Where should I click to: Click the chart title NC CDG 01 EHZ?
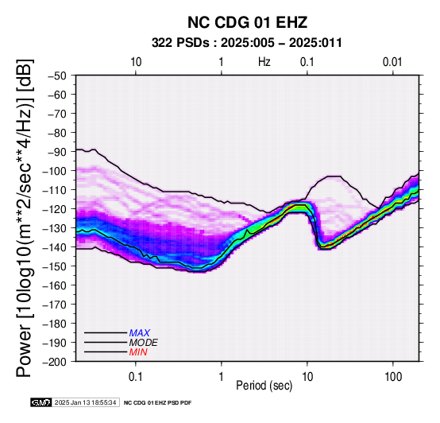(x=247, y=22)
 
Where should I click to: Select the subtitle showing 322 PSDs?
(x=247, y=43)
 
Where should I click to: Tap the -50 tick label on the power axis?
(x=57, y=76)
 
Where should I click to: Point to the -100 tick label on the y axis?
(x=55, y=171)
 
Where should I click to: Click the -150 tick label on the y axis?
(x=55, y=266)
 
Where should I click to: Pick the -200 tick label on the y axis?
(x=55, y=362)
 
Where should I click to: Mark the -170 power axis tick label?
(x=55, y=305)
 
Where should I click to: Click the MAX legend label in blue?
(x=140, y=333)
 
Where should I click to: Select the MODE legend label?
(x=144, y=343)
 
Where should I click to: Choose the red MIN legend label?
(x=138, y=352)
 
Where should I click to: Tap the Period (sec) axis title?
(x=264, y=386)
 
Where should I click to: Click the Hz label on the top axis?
(x=264, y=62)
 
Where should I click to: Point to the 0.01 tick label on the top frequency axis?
(x=392, y=62)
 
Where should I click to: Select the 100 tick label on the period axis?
(x=393, y=377)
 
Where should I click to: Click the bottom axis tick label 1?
(x=222, y=377)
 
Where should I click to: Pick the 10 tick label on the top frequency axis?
(x=136, y=62)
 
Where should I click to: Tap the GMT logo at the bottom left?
(x=41, y=402)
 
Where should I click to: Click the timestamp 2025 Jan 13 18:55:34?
(x=85, y=402)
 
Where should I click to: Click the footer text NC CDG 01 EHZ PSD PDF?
(x=157, y=403)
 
